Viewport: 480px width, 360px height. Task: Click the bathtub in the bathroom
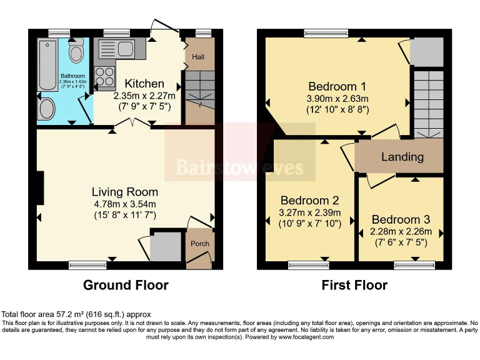(47, 64)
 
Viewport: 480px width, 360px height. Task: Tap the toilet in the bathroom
(77, 52)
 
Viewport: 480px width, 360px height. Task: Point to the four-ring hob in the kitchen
(104, 75)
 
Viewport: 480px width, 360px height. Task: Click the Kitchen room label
(144, 84)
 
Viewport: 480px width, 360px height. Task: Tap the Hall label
(198, 57)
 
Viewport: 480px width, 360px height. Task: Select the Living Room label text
(125, 192)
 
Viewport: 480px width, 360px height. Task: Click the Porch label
(200, 244)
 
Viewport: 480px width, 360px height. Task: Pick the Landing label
(402, 157)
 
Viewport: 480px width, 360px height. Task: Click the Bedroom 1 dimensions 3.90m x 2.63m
(337, 99)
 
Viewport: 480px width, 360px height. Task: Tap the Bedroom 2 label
(309, 201)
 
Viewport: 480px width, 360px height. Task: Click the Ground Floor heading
(126, 286)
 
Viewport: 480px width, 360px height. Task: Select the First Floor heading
(354, 286)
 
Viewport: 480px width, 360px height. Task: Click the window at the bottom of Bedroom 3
(414, 266)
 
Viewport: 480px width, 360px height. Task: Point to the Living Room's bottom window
(87, 266)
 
